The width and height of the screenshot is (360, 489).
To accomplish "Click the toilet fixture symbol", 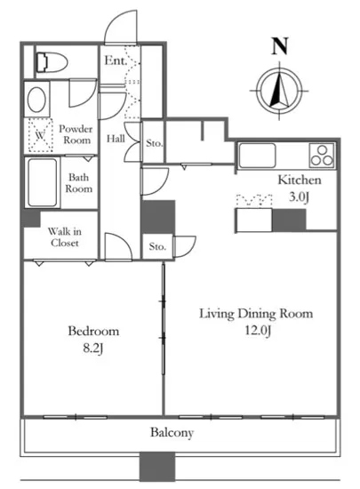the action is pyautogui.click(x=52, y=63).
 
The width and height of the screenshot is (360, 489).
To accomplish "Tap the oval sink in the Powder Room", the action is pyautogui.click(x=36, y=100).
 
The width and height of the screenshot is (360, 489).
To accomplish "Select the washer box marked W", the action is pyautogui.click(x=40, y=135).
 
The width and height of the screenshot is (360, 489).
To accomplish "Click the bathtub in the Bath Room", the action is pyautogui.click(x=43, y=183).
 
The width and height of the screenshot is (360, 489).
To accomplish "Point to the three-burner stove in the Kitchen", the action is pyautogui.click(x=323, y=155).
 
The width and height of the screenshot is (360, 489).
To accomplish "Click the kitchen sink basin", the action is pyautogui.click(x=258, y=156).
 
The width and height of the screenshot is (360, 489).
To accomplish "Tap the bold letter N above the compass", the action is pyautogui.click(x=280, y=46).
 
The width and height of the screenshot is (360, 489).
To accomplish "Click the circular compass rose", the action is pyautogui.click(x=279, y=91).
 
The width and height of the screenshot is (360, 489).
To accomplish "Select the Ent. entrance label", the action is pyautogui.click(x=116, y=60).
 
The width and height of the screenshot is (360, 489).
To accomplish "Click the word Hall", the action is pyautogui.click(x=116, y=139).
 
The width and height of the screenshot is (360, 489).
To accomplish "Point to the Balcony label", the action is pyautogui.click(x=172, y=433).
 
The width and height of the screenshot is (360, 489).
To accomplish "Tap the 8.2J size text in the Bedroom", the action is pyautogui.click(x=93, y=349).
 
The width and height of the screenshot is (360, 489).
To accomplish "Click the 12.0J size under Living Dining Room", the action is pyautogui.click(x=258, y=330).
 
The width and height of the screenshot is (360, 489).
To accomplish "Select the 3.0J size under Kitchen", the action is pyautogui.click(x=299, y=197).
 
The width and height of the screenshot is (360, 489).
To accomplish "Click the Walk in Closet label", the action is pyautogui.click(x=65, y=237).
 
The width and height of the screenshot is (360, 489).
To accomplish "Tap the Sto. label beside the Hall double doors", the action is pyautogui.click(x=155, y=143).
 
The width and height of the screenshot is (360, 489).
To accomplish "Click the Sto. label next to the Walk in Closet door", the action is pyautogui.click(x=157, y=246).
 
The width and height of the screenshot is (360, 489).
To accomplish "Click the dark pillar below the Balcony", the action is pyautogui.click(x=157, y=467).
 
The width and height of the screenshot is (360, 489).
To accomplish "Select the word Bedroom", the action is pyautogui.click(x=93, y=331).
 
